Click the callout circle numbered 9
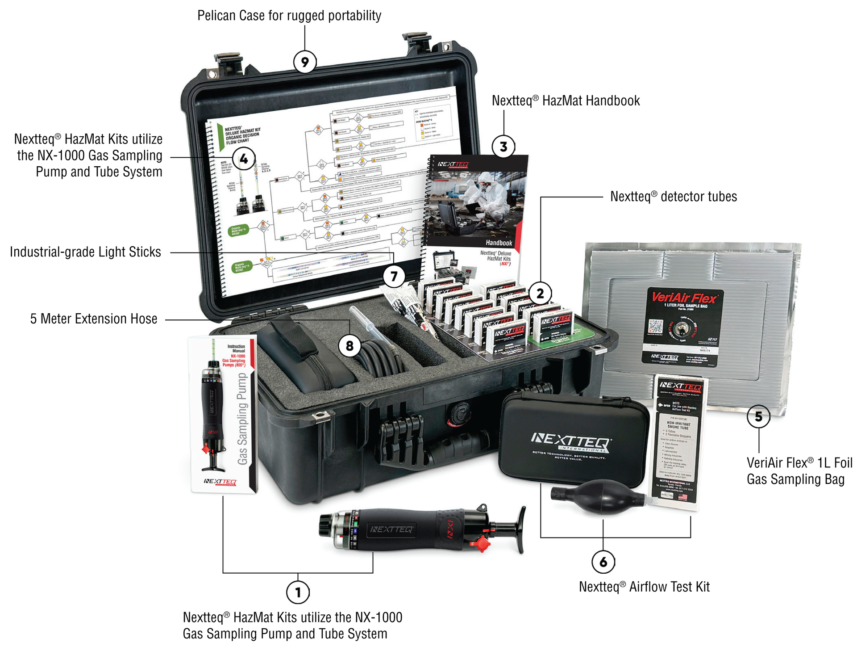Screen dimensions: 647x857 click(305, 62)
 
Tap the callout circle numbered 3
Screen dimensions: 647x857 click(503, 147)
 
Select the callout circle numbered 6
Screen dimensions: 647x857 click(603, 562)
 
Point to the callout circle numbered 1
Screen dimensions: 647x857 click(298, 592)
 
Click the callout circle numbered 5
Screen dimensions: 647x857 click(758, 416)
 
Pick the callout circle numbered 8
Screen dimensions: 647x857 click(349, 345)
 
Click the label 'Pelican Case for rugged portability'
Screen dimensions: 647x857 click(289, 16)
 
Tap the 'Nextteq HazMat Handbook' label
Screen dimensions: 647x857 click(566, 101)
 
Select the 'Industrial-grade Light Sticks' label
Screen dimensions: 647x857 click(85, 252)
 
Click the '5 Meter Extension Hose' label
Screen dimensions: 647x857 click(94, 319)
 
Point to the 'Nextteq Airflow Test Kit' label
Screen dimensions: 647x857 click(644, 587)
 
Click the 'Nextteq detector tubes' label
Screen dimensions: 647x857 click(673, 197)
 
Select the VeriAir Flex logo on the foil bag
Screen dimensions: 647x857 click(684, 297)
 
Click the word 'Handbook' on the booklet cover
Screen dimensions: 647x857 click(499, 243)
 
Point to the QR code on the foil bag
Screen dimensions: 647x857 click(655, 327)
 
